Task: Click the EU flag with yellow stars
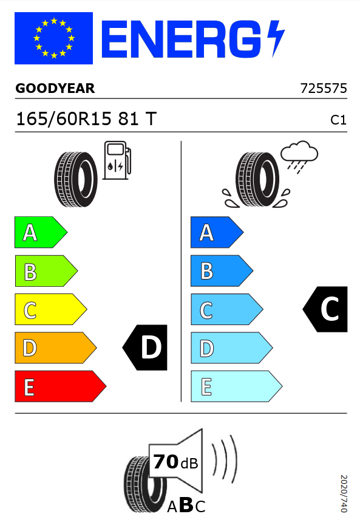[54, 38]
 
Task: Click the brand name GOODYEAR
[55, 88]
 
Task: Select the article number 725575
[324, 88]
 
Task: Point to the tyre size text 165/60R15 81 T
[86, 119]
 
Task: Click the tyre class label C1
[338, 120]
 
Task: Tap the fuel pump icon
[117, 160]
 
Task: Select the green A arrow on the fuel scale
[41, 232]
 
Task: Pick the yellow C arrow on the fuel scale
[50, 309]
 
